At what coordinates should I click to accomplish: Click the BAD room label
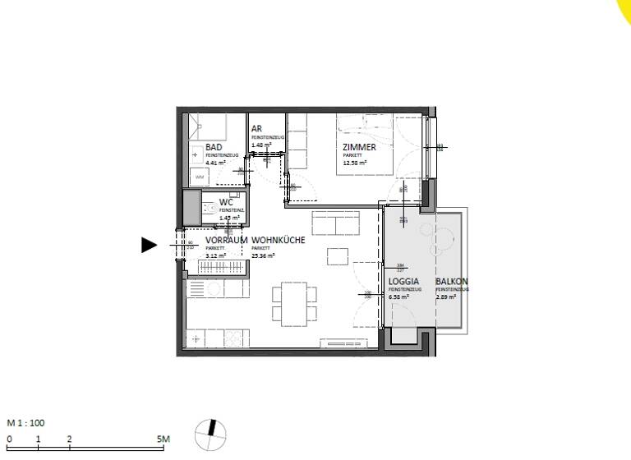pyautogui.click(x=214, y=146)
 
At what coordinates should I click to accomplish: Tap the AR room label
pyautogui.click(x=256, y=130)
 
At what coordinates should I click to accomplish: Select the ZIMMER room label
pyautogui.click(x=359, y=147)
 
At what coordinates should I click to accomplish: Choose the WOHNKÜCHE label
pyautogui.click(x=279, y=240)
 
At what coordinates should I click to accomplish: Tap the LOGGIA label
pyautogui.click(x=403, y=282)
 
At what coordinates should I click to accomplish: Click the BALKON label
pyautogui.click(x=451, y=282)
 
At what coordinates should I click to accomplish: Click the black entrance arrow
pyautogui.click(x=149, y=244)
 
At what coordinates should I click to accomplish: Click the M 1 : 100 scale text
pyautogui.click(x=25, y=423)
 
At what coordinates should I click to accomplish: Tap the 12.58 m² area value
pyautogui.click(x=355, y=163)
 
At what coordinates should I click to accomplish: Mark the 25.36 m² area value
pyautogui.click(x=262, y=255)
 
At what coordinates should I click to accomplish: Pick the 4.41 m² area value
pyautogui.click(x=215, y=163)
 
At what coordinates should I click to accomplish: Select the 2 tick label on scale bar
pyautogui.click(x=70, y=439)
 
